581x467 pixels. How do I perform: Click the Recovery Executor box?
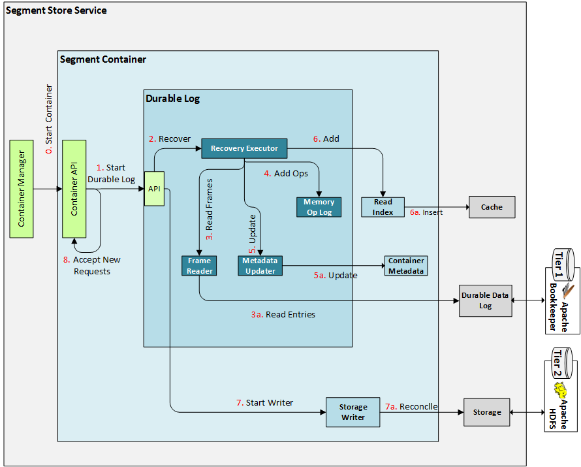[x=244, y=148]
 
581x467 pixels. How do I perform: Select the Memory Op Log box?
[x=319, y=207]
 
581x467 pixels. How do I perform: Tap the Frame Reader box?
[x=199, y=266]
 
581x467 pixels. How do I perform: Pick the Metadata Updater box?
[x=260, y=266]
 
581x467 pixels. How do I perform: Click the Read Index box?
[x=383, y=207]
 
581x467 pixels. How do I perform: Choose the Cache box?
[x=492, y=207]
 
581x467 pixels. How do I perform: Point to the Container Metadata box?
[x=406, y=266]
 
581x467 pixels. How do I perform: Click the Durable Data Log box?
[x=485, y=300]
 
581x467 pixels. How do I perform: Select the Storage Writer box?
[x=353, y=411]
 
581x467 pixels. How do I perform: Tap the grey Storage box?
[x=487, y=412]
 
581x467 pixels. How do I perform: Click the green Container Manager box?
[x=22, y=189]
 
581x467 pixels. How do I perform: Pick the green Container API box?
[x=74, y=189]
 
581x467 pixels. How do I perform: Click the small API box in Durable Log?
[x=154, y=189]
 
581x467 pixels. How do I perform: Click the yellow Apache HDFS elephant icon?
[x=559, y=391]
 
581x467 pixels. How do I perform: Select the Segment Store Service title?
[x=56, y=10]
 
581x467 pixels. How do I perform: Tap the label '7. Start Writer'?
[x=264, y=402]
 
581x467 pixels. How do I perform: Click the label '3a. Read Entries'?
[x=283, y=315]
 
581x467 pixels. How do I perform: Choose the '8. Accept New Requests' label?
[x=92, y=265]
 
